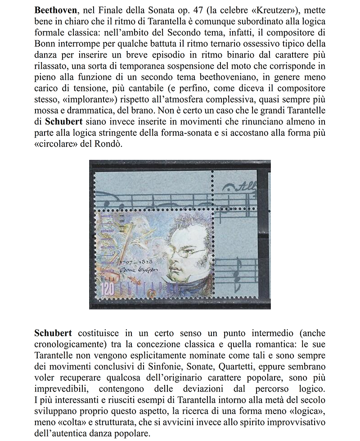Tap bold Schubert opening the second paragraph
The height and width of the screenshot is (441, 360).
coord(53,333)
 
